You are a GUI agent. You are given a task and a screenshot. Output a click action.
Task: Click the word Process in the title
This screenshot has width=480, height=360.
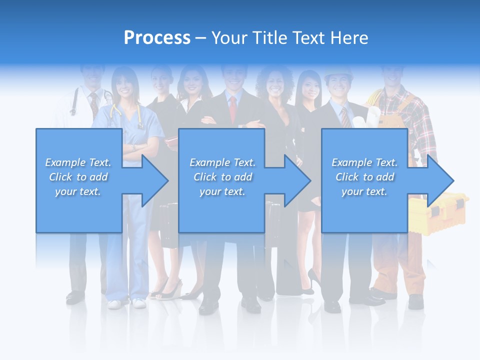click(x=157, y=38)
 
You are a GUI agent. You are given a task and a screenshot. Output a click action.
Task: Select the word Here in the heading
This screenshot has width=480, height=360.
click(x=348, y=38)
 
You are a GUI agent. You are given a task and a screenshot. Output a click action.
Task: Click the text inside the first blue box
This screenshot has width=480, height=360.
click(x=78, y=177)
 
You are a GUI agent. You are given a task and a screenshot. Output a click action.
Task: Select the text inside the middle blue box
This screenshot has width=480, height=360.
click(x=222, y=177)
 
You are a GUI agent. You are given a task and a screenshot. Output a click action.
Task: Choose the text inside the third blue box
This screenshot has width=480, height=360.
click(x=364, y=177)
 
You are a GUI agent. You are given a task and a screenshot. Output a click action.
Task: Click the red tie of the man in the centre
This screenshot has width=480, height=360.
click(x=233, y=109)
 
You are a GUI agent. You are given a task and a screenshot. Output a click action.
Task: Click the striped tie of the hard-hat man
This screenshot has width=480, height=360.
click(x=345, y=117)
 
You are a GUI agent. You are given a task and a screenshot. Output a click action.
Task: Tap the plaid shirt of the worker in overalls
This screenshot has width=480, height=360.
click(x=422, y=125)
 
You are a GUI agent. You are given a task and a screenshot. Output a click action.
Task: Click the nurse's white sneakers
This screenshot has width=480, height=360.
click(x=125, y=303)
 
